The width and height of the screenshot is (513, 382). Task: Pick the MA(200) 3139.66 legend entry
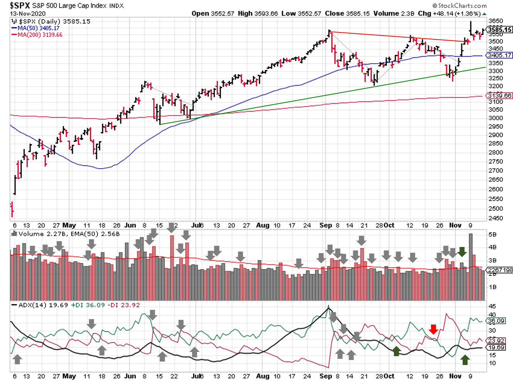coord(40,35)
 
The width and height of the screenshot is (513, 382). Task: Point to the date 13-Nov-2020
coord(27,14)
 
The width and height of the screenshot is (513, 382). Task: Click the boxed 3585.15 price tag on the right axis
coord(499,30)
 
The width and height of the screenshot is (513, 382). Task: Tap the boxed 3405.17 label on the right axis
coord(499,55)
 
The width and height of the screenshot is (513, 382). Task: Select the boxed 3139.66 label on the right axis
coord(499,95)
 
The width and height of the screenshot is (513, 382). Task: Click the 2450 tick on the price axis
coord(496,218)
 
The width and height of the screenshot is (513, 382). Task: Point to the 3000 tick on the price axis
coord(496,118)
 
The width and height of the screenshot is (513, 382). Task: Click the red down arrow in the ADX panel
coord(433,329)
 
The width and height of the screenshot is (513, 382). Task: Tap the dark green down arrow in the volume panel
coord(462,252)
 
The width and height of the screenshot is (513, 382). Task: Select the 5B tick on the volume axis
coord(492,234)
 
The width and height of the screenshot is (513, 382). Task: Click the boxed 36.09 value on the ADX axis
coord(496,321)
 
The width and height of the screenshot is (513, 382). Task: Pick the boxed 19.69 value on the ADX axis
coord(496,348)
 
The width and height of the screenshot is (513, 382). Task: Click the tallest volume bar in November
coord(470,266)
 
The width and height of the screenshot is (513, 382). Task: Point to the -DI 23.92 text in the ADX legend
coord(123,305)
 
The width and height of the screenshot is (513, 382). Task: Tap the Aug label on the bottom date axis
coord(262,376)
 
